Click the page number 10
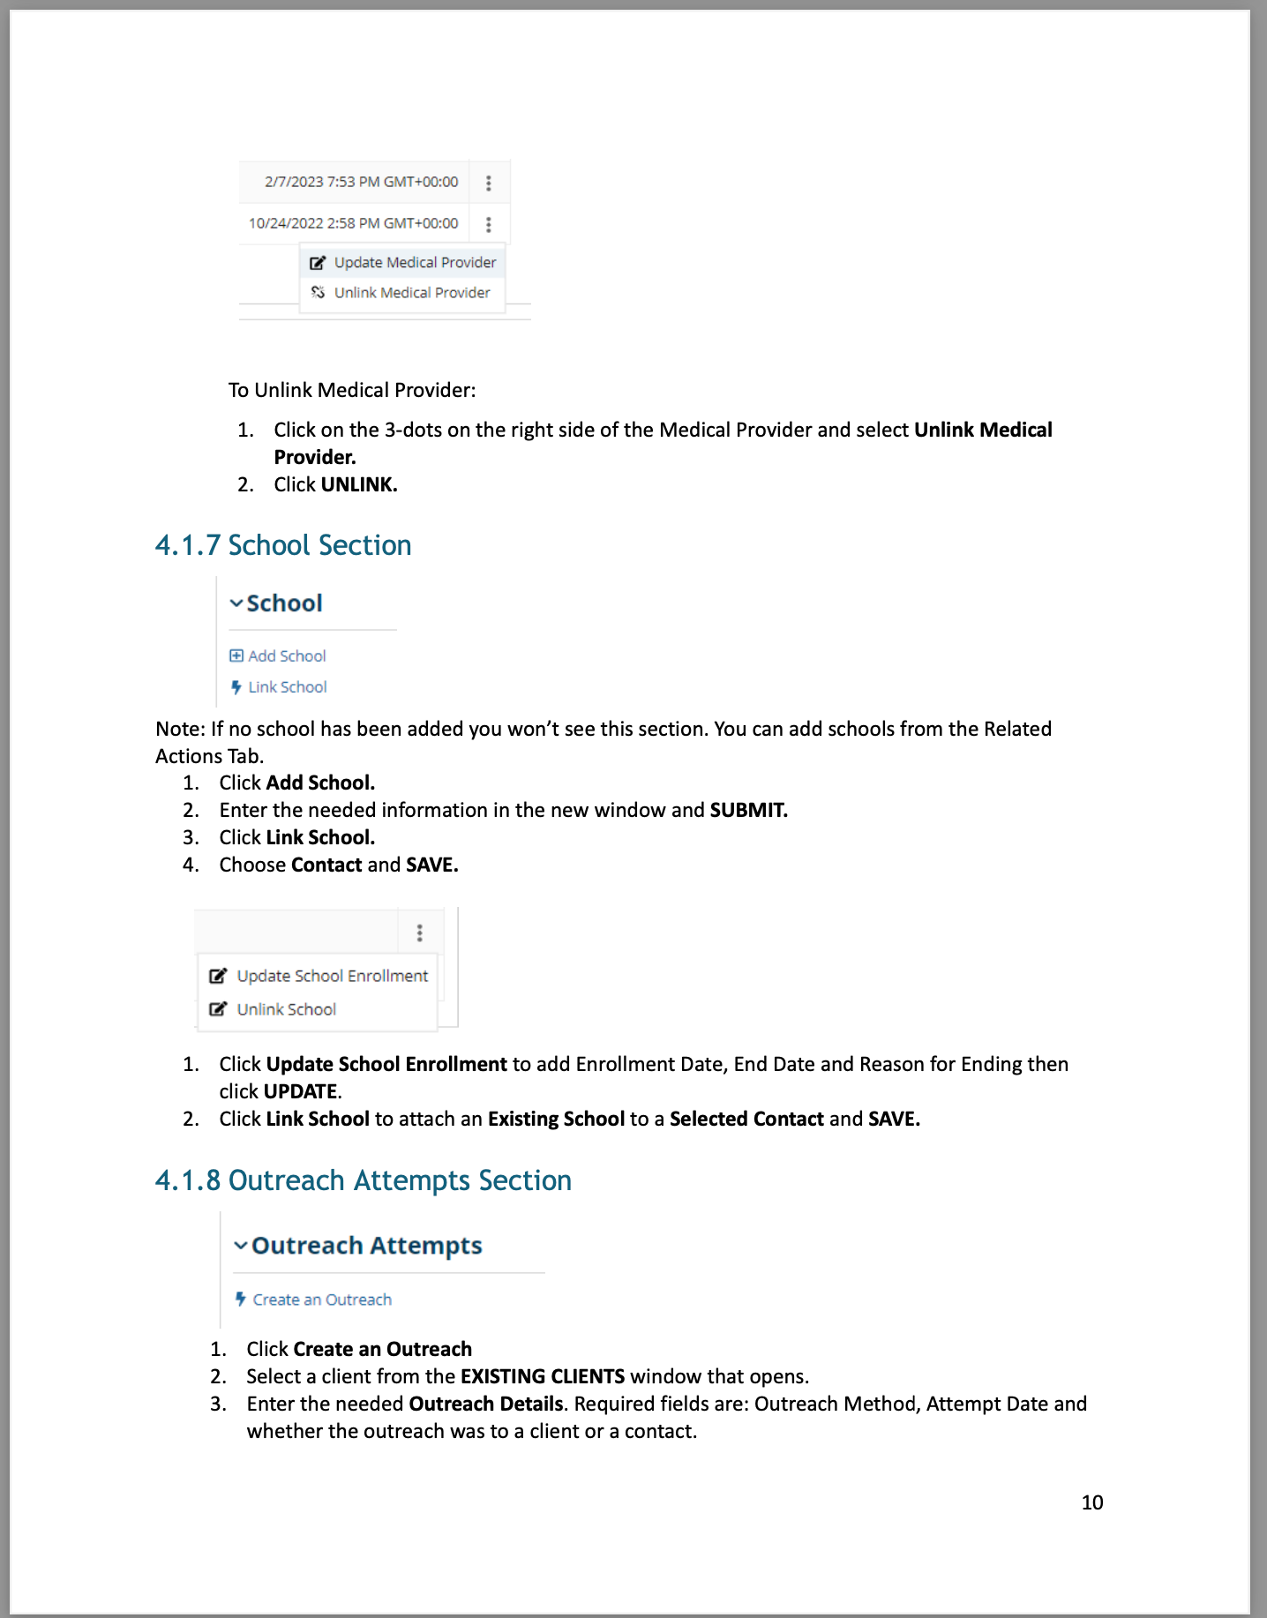pyautogui.click(x=1091, y=1502)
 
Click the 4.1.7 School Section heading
pyautogui.click(x=283, y=545)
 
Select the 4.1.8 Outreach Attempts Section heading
pyautogui.click(x=363, y=1180)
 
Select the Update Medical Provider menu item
pyautogui.click(x=415, y=263)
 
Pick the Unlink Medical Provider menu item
pyautogui.click(x=411, y=293)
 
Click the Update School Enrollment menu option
pyautogui.click(x=332, y=976)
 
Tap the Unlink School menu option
pyautogui.click(x=286, y=1009)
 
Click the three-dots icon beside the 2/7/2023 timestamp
pyautogui.click(x=489, y=183)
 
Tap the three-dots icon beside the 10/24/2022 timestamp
pyautogui.click(x=489, y=224)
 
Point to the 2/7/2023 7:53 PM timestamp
pyautogui.click(x=361, y=182)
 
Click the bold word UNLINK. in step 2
pyautogui.click(x=359, y=484)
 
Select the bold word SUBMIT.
pyautogui.click(x=748, y=810)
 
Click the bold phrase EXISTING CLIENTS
pyautogui.click(x=543, y=1376)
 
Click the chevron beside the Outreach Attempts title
pyautogui.click(x=240, y=1246)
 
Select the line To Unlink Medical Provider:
pyautogui.click(x=352, y=390)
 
